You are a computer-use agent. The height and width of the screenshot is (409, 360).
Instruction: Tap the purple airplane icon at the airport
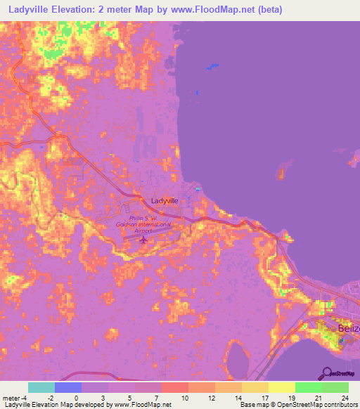tap(144, 240)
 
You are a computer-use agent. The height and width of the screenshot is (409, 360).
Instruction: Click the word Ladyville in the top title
tap(30, 9)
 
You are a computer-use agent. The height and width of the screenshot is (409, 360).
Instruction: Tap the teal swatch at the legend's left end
tap(41, 388)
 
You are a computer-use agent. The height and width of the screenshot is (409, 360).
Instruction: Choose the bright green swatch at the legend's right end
tap(335, 388)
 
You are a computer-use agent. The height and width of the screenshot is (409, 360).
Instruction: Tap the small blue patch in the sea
tap(211, 67)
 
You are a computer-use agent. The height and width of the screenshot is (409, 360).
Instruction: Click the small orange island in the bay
tap(284, 169)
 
